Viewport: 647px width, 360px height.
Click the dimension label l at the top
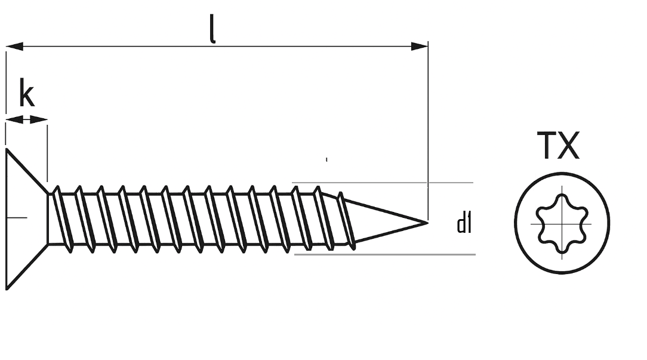[x=213, y=28]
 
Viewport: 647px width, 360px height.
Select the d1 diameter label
[x=464, y=224]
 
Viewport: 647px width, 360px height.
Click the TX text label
[x=558, y=146]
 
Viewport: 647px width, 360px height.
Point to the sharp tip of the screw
[x=427, y=223]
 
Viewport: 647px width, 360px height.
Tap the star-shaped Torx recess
[x=562, y=223]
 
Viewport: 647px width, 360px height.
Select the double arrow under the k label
[x=26, y=120]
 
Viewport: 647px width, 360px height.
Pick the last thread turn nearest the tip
[x=347, y=220]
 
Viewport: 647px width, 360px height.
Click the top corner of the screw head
[x=7, y=150]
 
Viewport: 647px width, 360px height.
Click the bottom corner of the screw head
[x=7, y=289]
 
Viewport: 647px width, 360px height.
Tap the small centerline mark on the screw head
[x=17, y=217]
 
